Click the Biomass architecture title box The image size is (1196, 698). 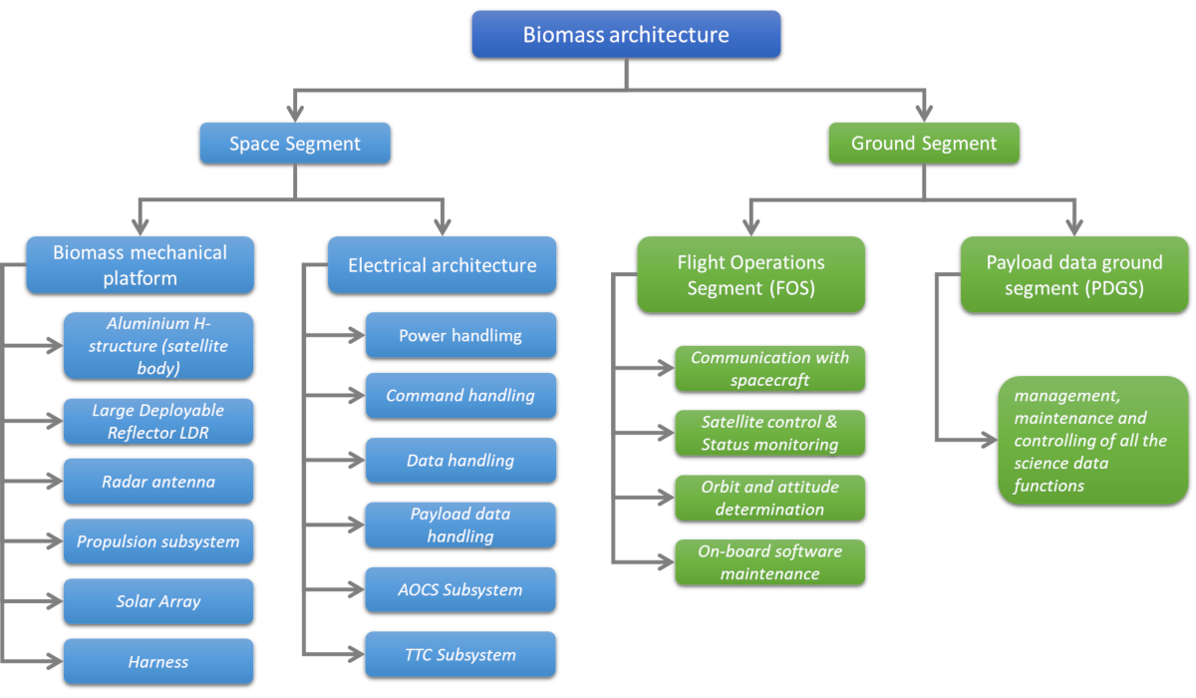coord(626,35)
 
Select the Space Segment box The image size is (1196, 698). coord(295,144)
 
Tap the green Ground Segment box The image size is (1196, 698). coord(924,144)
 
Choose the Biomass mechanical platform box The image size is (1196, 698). coord(140,265)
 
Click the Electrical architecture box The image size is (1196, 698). coord(442,265)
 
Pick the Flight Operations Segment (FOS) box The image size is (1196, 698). coord(750,275)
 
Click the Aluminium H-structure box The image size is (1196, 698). coord(158,345)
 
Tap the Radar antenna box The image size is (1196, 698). coord(158,482)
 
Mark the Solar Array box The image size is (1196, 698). coord(158,601)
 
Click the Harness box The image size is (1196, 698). coord(158,661)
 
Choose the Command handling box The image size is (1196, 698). coord(460,395)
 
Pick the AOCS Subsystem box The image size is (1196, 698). coord(460,589)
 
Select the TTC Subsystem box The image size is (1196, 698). coord(460,654)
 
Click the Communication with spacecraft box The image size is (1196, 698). coord(769,369)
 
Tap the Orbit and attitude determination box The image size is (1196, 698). coord(769,498)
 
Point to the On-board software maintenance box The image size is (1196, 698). coord(769,562)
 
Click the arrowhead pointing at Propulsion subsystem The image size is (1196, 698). coord(54,542)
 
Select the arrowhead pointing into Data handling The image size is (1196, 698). coord(356,460)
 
